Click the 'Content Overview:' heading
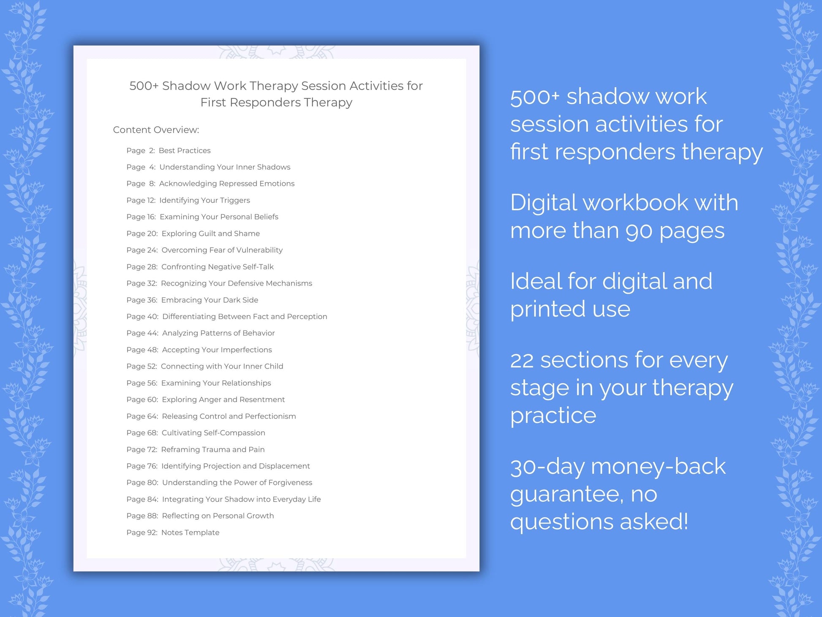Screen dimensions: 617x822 (156, 130)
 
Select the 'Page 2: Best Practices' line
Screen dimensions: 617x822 (168, 150)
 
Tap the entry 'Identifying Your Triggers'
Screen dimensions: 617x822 (204, 200)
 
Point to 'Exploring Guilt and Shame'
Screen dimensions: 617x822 (210, 233)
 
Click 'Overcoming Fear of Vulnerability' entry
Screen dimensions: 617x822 (222, 250)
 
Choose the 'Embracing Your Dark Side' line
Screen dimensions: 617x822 (210, 300)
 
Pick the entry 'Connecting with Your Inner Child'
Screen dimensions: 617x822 (222, 366)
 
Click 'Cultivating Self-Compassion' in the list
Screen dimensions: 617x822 (213, 433)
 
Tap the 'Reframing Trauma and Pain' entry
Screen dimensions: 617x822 (213, 449)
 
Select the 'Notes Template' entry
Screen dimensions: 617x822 (190, 532)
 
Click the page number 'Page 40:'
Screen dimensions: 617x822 (142, 317)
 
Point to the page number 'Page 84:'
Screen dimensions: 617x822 (142, 499)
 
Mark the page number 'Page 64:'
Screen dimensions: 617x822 (142, 416)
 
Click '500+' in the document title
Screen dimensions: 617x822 (144, 86)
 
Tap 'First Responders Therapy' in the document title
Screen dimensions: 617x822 (276, 102)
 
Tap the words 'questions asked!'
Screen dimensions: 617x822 (599, 521)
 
